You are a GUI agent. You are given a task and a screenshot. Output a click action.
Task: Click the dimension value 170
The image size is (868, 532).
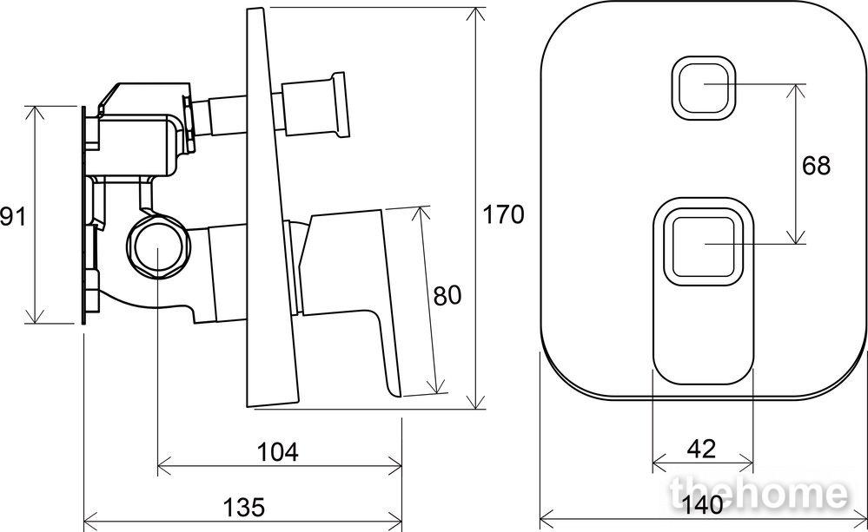503,214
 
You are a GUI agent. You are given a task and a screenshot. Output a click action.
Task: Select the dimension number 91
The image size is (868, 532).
13,216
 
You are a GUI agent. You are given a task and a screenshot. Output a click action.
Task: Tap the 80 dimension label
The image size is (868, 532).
447,296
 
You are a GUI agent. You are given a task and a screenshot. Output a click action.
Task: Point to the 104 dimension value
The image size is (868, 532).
277,452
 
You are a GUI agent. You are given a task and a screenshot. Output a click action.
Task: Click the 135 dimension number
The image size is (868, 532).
244,507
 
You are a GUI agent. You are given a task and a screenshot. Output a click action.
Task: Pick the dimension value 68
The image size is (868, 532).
816,166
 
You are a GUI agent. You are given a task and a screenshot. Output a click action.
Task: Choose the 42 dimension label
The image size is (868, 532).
701,449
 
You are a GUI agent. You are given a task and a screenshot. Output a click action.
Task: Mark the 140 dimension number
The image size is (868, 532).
703,505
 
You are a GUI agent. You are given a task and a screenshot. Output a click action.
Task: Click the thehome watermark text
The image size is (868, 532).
759,494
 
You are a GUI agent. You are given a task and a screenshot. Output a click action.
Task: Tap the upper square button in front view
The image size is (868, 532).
704,88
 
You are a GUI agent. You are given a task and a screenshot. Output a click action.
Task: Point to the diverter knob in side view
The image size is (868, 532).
315,105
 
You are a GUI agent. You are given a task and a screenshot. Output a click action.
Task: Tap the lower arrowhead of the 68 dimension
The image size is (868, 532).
796,237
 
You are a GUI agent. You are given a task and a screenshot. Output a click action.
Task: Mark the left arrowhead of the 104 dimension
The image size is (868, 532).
165,466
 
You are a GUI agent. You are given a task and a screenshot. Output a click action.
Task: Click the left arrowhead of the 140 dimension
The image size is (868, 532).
547,521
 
